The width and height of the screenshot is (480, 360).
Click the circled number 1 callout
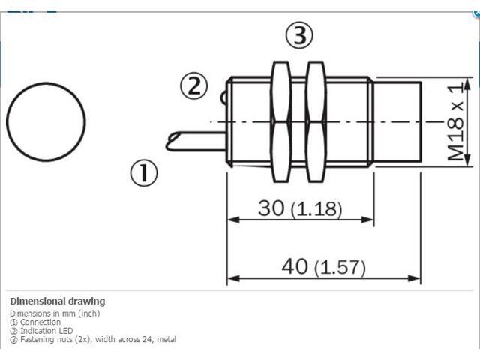pos(145,174)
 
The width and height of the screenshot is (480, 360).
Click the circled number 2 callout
pos(193,86)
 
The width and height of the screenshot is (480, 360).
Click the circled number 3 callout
pos(298,35)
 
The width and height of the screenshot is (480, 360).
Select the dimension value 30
pos(271,208)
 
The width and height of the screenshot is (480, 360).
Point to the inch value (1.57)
pos(339,267)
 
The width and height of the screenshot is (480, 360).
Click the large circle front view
pos(46,121)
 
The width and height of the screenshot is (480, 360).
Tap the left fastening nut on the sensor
pos(281,121)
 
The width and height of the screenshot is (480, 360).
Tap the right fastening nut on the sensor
pos(315,121)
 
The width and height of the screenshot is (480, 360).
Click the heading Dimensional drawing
pos(57,301)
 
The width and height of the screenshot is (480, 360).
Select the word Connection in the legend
pos(40,322)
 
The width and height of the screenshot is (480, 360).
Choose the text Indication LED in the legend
pos(46,331)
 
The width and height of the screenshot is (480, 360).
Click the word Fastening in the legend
pos(37,340)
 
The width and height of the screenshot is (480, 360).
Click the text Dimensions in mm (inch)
pos(54,313)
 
